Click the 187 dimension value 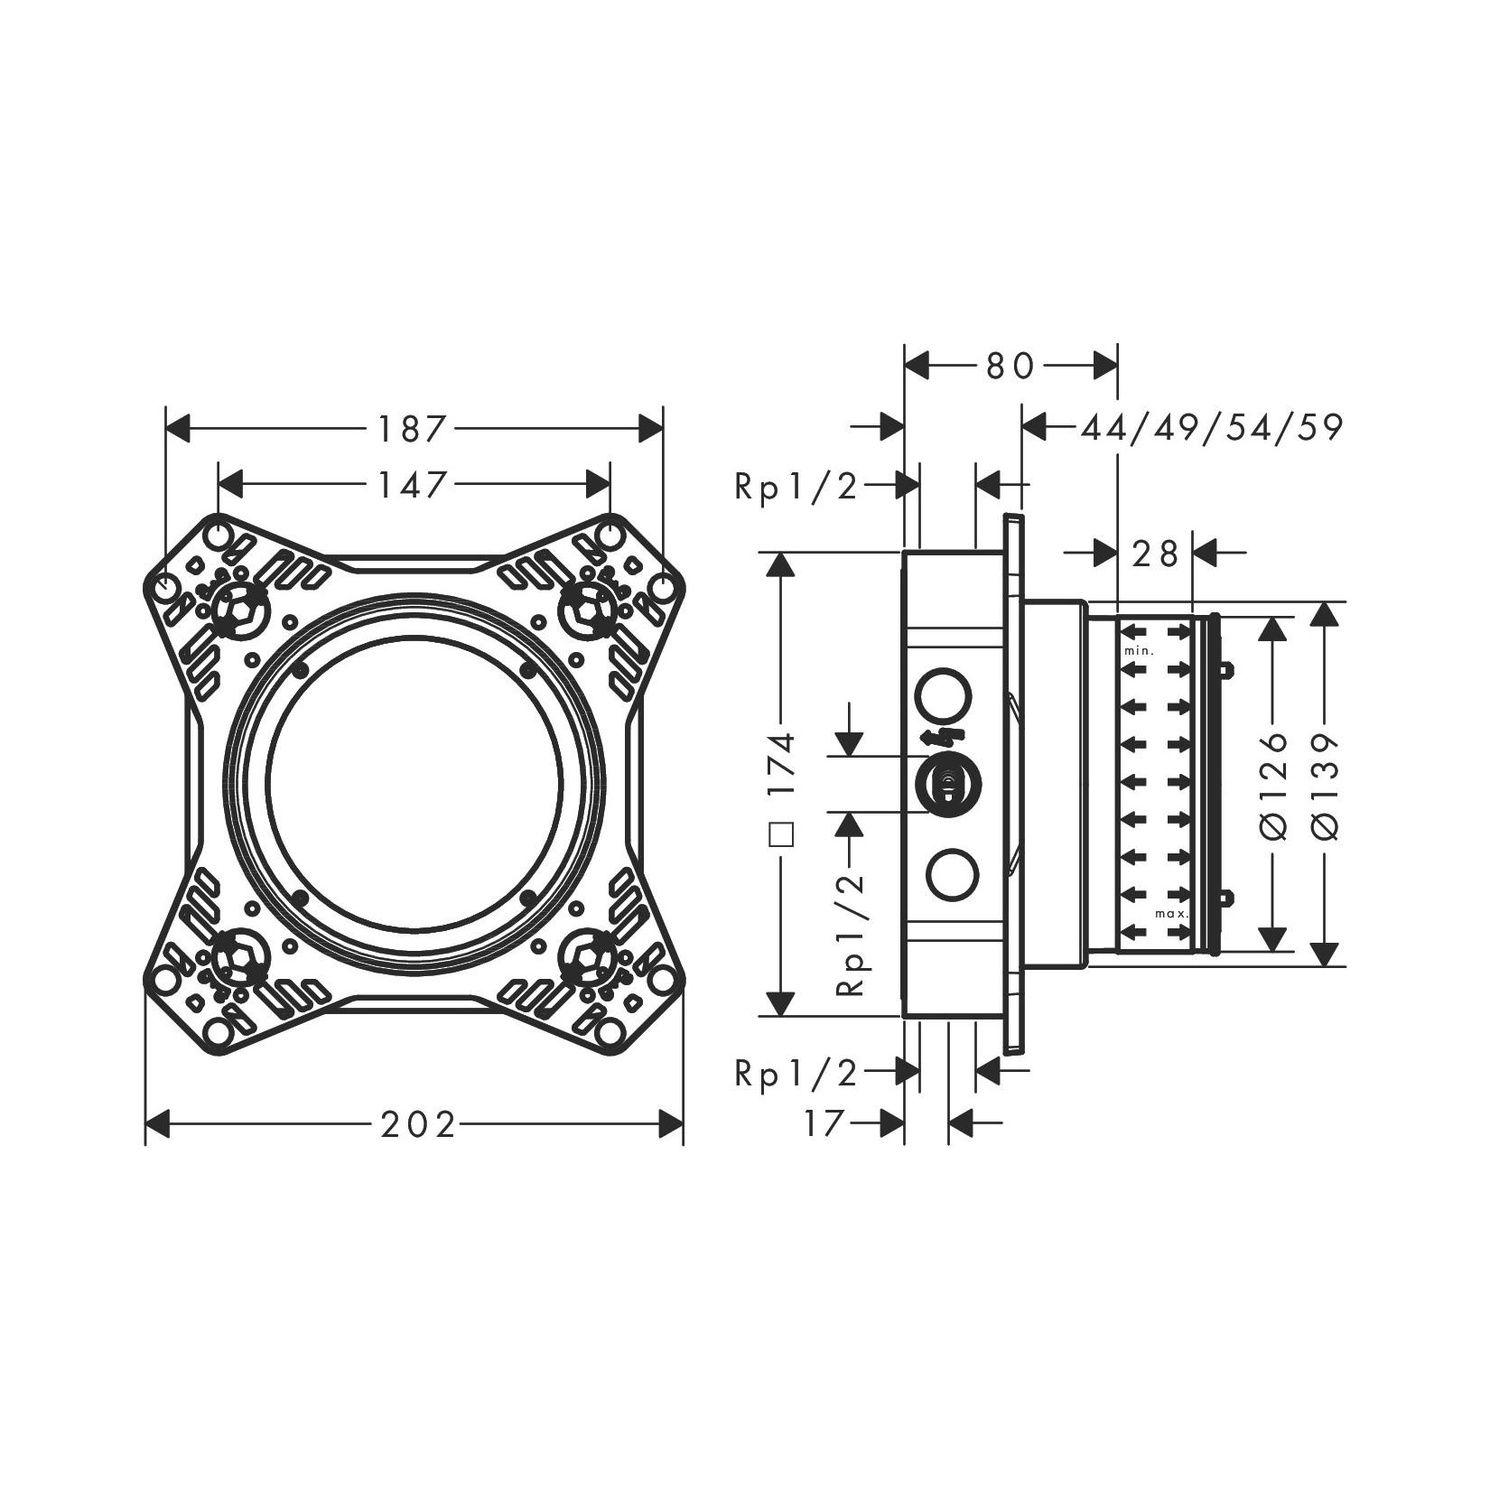pyautogui.click(x=413, y=429)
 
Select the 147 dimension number pyautogui.click(x=413, y=486)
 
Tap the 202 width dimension pyautogui.click(x=418, y=1125)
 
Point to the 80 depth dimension pyautogui.click(x=1010, y=366)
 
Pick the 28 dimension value pyautogui.click(x=1155, y=553)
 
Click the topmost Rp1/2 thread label pyautogui.click(x=796, y=487)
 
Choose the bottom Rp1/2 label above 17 pyautogui.click(x=796, y=1073)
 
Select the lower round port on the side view pyautogui.click(x=953, y=875)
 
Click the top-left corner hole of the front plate pyautogui.click(x=217, y=536)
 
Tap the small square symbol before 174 pyautogui.click(x=783, y=833)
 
